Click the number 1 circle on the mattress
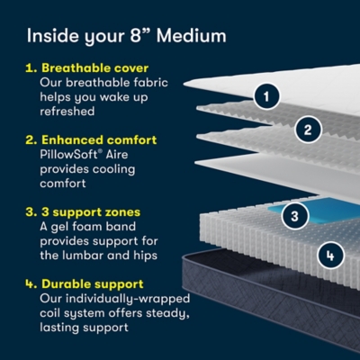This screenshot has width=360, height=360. (265, 94)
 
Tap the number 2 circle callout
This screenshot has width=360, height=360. (308, 130)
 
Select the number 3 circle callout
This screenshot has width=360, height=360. (292, 215)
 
